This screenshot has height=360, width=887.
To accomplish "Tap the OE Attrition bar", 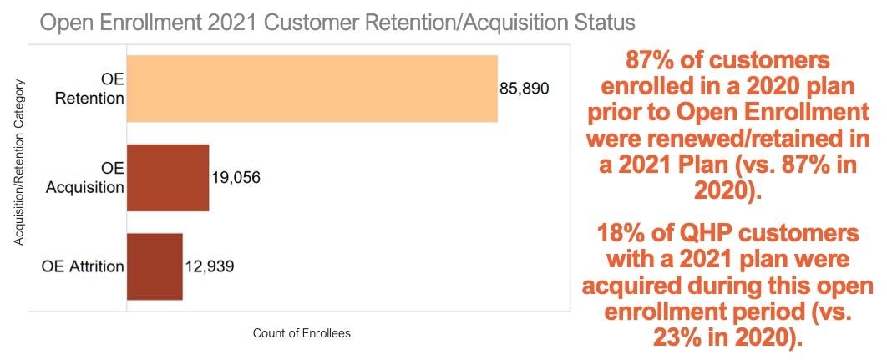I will coord(155,266).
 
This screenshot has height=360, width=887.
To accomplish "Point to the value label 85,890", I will coord(525,89).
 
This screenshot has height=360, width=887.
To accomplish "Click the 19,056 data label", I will coord(236,178).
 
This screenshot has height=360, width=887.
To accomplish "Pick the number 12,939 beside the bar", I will coord(210,267).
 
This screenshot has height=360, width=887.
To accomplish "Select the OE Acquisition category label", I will coord(85,178).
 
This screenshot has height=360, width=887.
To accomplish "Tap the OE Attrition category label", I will coord(83,267).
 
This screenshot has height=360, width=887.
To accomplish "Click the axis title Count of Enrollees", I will coord(302,333).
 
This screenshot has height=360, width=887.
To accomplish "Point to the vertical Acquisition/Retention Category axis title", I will coord(18,162).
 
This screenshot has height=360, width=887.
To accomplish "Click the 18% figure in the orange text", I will coord(626,232).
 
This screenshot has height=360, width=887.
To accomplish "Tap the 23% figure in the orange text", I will coord(669,338).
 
